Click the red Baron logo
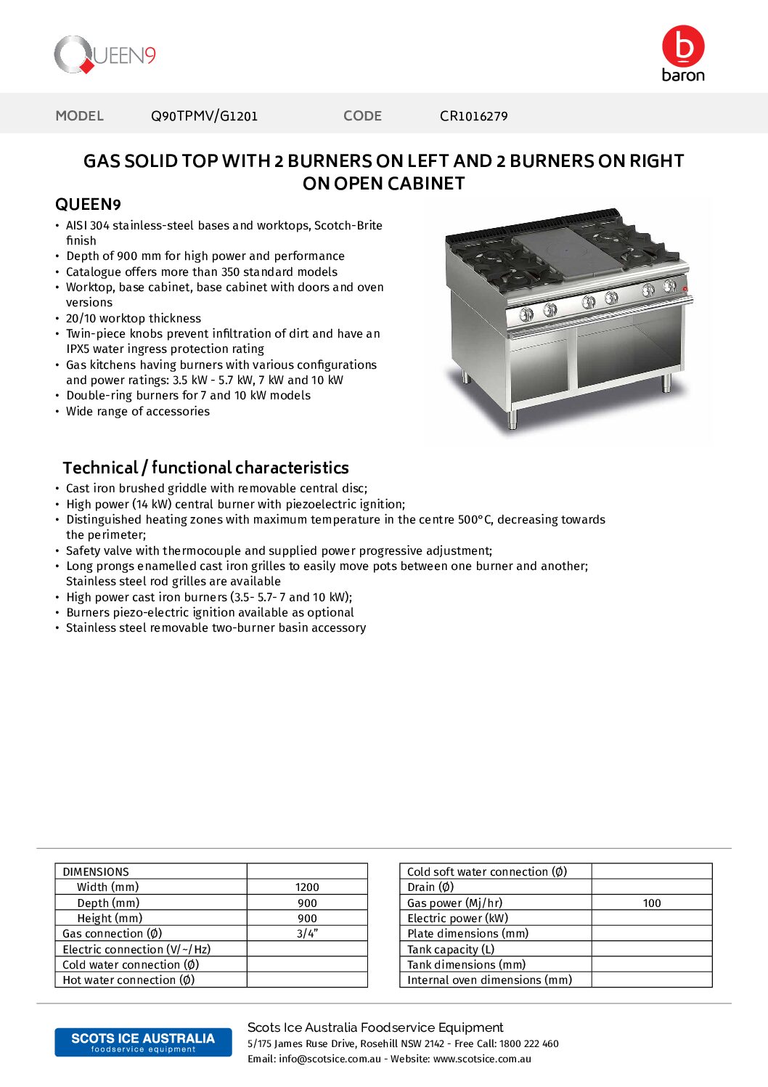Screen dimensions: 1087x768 tap(682, 53)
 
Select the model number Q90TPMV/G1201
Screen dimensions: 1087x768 tap(204, 116)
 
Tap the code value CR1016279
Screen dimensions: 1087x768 tap(473, 116)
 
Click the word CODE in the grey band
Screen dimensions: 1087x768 tap(362, 116)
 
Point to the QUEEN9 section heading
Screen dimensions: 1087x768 tap(88, 205)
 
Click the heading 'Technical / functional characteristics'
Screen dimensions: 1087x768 tap(205, 468)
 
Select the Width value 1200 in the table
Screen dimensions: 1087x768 tap(307, 887)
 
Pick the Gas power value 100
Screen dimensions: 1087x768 tap(652, 903)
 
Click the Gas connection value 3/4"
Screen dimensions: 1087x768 tap(307, 934)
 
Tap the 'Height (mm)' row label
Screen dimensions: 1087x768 tap(110, 919)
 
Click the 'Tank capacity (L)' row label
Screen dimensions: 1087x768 tap(451, 950)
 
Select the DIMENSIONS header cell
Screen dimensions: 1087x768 tap(96, 872)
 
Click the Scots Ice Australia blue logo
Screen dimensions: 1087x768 tap(143, 1042)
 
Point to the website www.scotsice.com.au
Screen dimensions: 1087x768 tap(482, 1059)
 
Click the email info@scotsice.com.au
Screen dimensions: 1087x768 tap(330, 1059)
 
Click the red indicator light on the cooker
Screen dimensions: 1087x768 tap(685, 289)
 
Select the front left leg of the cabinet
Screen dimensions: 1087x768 tap(513, 419)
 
